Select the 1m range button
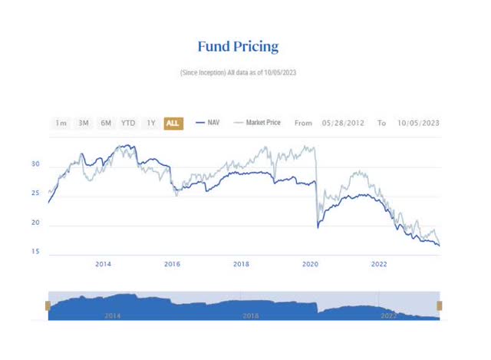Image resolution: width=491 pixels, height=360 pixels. (x=61, y=123)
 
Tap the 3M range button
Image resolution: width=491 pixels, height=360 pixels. (x=84, y=123)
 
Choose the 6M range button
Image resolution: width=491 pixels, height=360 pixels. (x=106, y=123)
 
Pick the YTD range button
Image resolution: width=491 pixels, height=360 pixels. (x=128, y=123)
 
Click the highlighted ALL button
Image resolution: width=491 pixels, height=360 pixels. (x=173, y=123)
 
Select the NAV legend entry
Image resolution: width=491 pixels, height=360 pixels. (x=209, y=123)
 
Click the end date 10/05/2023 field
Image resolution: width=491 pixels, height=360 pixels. (x=418, y=123)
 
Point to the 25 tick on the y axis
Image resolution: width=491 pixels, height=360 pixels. (x=35, y=195)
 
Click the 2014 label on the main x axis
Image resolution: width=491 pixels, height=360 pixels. (x=104, y=265)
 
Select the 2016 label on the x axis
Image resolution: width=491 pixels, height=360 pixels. (x=173, y=265)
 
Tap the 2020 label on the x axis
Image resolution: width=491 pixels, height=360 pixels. (x=310, y=265)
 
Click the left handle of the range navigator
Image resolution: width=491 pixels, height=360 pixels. (x=48, y=306)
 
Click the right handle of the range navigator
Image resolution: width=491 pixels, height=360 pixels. (x=440, y=306)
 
